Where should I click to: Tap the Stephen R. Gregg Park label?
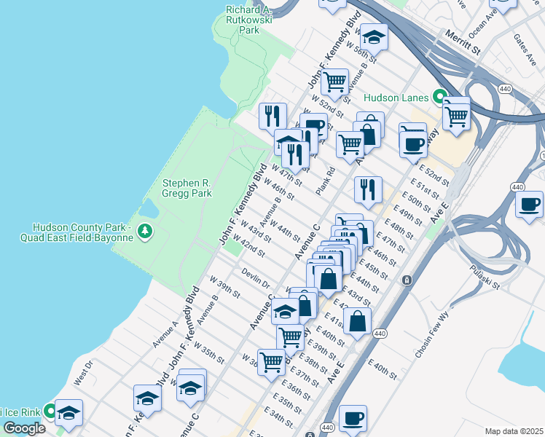click(x=187, y=189)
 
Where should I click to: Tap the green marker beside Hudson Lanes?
click(x=439, y=95)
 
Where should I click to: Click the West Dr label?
click(x=84, y=371)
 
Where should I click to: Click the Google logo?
click(x=24, y=428)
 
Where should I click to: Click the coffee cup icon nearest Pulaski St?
click(x=530, y=203)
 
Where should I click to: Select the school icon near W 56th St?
click(x=374, y=37)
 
